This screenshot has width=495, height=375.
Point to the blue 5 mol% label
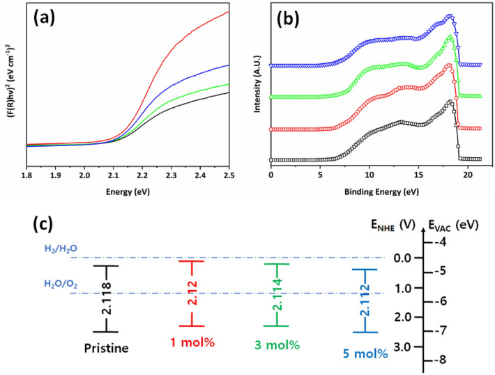365,353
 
